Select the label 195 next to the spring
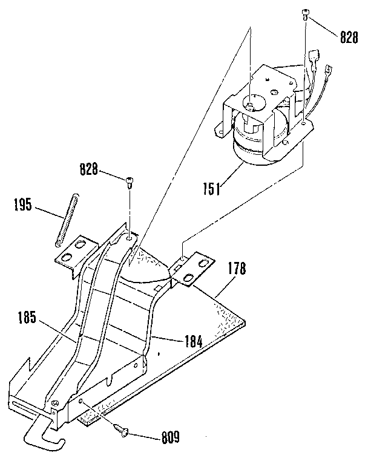tap(22, 205)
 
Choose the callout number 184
tap(194, 341)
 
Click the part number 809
tap(168, 435)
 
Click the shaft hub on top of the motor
tap(249, 105)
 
